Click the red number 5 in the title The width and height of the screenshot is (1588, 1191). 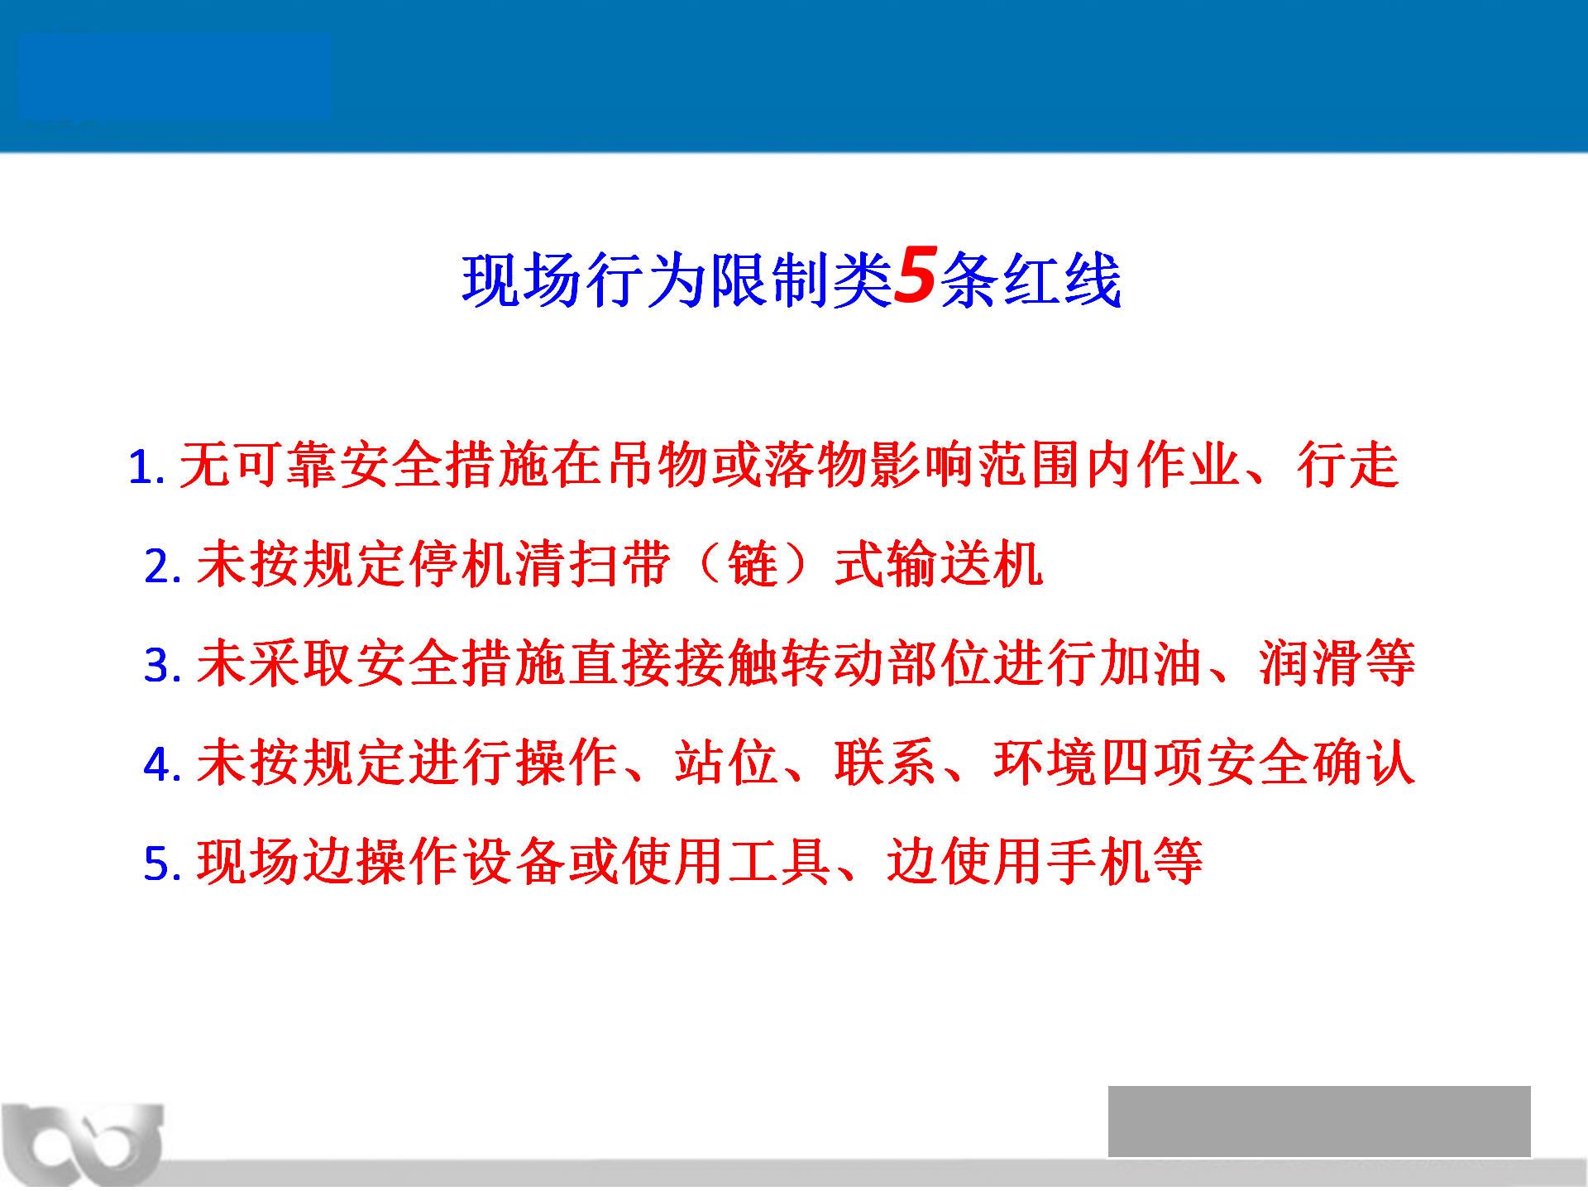[916, 275]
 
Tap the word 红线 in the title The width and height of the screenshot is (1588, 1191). [1062, 280]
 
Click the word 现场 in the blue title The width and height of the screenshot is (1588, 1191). [522, 280]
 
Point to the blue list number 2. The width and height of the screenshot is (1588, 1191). [162, 567]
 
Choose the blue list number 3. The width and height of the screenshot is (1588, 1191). [162, 665]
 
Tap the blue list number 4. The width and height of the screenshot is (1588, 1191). [162, 764]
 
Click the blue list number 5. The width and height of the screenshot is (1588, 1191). [162, 863]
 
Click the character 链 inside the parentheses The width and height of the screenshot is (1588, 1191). [753, 564]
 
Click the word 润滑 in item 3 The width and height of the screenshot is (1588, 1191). [1311, 662]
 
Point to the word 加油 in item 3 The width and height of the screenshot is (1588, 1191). [1150, 662]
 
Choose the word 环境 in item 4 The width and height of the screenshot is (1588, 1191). [1045, 762]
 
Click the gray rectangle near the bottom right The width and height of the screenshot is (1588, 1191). [1319, 1122]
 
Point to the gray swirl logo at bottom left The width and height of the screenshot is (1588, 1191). [83, 1145]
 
